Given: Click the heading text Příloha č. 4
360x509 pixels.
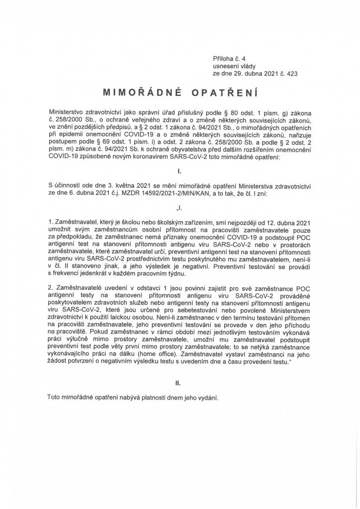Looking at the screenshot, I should click(225, 58).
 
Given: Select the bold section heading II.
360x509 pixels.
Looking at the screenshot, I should click(180, 383).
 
